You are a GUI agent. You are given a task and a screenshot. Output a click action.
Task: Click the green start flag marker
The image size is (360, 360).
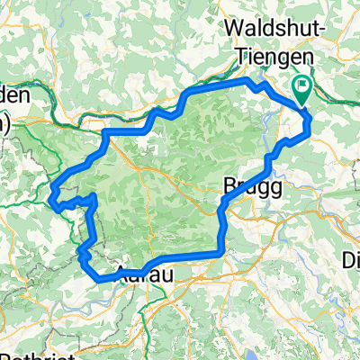click(x=301, y=88)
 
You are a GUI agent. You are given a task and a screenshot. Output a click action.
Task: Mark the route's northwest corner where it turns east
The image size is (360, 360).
click(x=107, y=133)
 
